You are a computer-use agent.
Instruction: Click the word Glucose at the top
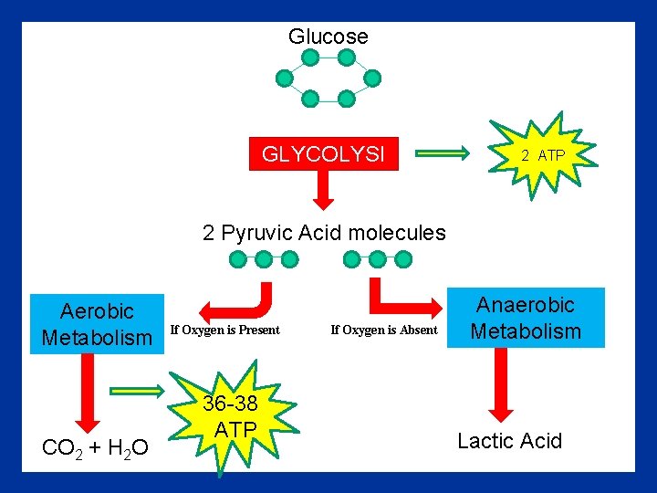pyautogui.click(x=328, y=37)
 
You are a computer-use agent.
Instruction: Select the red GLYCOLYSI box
pyautogui.click(x=324, y=155)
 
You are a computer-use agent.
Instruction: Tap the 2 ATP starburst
pyautogui.click(x=543, y=154)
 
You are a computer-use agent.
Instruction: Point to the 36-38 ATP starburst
pyautogui.click(x=230, y=417)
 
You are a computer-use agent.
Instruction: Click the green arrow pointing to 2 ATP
pyautogui.click(x=449, y=154)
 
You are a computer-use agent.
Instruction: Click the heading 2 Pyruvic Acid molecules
pyautogui.click(x=324, y=233)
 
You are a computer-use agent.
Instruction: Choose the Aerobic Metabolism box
pyautogui.click(x=97, y=324)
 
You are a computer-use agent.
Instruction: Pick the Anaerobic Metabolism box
pyautogui.click(x=526, y=318)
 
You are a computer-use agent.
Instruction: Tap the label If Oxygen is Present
pyautogui.click(x=225, y=330)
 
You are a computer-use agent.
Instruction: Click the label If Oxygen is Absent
pyautogui.click(x=384, y=330)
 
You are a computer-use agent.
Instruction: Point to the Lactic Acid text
pyautogui.click(x=509, y=442)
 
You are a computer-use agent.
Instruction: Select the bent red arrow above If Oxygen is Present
pyautogui.click(x=241, y=301)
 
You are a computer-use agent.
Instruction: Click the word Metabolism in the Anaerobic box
pyautogui.click(x=526, y=330)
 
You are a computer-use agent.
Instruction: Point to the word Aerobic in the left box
pyautogui.click(x=97, y=312)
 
